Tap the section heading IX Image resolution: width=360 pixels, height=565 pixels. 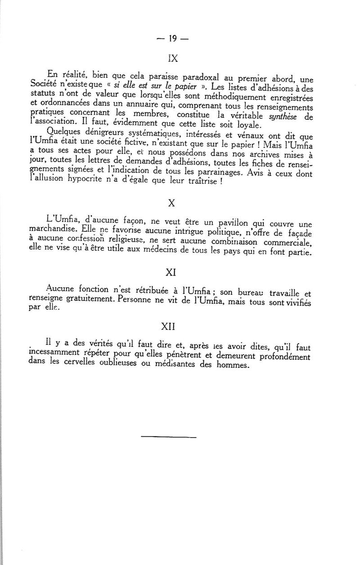[x=172, y=58]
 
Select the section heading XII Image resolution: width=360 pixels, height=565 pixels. [x=171, y=325]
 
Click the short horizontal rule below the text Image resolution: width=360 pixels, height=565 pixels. [x=169, y=437]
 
